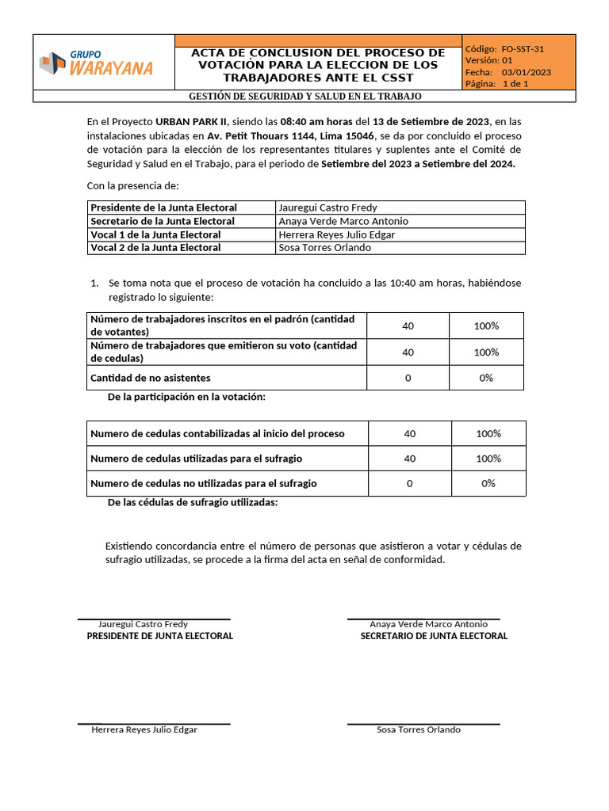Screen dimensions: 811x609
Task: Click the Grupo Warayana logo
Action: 96,63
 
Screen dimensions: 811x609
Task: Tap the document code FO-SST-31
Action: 523,48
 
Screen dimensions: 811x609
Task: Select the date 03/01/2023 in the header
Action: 526,72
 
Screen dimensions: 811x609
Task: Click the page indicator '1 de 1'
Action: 515,83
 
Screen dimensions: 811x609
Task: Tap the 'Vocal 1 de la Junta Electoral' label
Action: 155,234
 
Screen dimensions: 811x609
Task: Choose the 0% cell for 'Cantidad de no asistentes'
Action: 486,378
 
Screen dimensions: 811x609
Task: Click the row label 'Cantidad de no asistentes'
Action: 151,378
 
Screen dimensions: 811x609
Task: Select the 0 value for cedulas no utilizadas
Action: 409,483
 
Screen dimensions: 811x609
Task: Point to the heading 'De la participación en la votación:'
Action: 186,397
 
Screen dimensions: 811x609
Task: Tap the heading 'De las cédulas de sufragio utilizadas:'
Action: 193,503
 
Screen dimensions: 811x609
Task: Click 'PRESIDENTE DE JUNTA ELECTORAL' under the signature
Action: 159,636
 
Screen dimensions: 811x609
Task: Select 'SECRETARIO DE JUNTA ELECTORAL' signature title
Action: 434,636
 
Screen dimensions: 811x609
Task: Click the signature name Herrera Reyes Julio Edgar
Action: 144,729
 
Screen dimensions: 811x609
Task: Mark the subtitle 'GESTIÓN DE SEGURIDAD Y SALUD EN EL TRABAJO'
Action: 304,97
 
